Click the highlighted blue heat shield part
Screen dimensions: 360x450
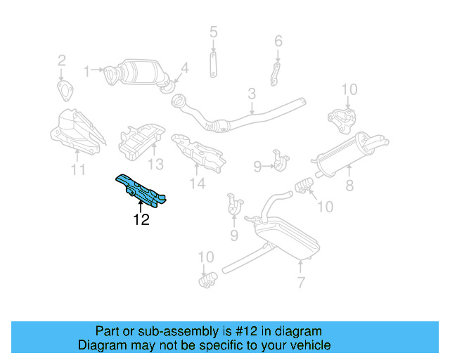[141, 188]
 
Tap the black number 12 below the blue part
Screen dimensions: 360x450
[141, 219]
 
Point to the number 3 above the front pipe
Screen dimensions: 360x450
[251, 94]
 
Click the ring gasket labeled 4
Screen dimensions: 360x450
[167, 85]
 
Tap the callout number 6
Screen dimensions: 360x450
[278, 41]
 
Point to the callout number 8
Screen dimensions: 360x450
[349, 187]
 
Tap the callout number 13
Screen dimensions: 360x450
[155, 165]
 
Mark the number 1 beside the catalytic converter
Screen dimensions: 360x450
[87, 70]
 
